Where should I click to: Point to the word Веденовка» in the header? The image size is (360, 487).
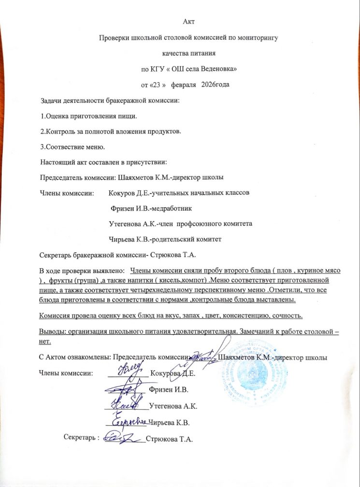pos(219,70)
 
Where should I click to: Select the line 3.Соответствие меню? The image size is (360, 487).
pos(73,146)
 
